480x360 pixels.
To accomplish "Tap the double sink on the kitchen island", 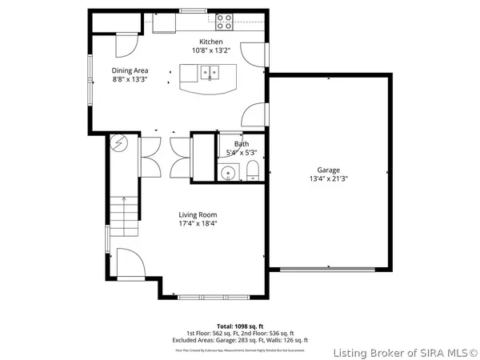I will (x=210, y=74).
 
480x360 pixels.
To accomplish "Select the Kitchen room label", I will (x=211, y=42).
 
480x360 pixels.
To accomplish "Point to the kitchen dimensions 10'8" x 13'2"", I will (x=211, y=50).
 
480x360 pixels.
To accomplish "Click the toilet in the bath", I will (x=251, y=170).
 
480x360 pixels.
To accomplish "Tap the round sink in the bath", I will (x=228, y=171).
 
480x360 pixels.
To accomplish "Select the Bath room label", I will (x=241, y=144).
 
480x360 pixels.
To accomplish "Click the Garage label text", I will (x=328, y=170).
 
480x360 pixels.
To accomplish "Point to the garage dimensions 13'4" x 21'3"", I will (x=328, y=179).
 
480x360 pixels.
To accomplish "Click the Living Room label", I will (x=198, y=214).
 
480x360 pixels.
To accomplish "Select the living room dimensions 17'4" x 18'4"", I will (x=198, y=224).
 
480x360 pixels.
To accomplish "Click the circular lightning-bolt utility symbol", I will (x=118, y=144).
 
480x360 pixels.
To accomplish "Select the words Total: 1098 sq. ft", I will (x=239, y=326).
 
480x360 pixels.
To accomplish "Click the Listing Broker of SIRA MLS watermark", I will (x=406, y=350).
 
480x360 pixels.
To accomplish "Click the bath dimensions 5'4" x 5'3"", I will (x=241, y=152).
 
